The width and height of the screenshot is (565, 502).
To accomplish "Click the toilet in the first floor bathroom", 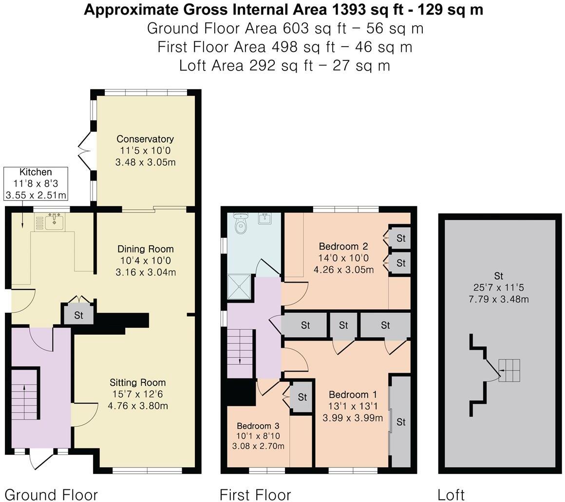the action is pyautogui.click(x=240, y=223).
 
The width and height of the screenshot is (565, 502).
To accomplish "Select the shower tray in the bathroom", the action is pyautogui.click(x=239, y=287).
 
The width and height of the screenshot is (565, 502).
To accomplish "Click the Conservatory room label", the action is pyautogui.click(x=145, y=139).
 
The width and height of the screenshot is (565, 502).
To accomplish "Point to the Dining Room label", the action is pyautogui.click(x=146, y=249).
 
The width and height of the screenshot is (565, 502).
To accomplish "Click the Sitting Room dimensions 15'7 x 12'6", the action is pyautogui.click(x=138, y=394).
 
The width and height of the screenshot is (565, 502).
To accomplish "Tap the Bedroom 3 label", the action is pyautogui.click(x=258, y=426).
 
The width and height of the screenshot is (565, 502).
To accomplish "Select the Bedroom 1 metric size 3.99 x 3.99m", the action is pyautogui.click(x=353, y=418).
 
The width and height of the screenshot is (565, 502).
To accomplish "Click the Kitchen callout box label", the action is pyautogui.click(x=36, y=172).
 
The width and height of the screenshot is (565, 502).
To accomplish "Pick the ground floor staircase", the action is pyautogui.click(x=24, y=393).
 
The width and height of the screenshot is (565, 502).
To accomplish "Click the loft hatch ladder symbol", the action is pyautogui.click(x=509, y=370).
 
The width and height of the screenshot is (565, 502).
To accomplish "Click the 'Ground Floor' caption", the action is pyautogui.click(x=51, y=495).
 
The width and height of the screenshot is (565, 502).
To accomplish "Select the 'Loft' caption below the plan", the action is pyautogui.click(x=451, y=495).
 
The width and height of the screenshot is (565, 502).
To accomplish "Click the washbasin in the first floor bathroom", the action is pyautogui.click(x=265, y=218).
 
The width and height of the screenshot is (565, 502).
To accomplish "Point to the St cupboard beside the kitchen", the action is pyautogui.click(x=78, y=315).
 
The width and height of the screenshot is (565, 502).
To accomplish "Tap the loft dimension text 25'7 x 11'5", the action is pyautogui.click(x=499, y=287).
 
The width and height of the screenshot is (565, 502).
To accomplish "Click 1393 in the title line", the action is pyautogui.click(x=348, y=10).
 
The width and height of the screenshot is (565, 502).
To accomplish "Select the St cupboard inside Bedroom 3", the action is pyautogui.click(x=302, y=396).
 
